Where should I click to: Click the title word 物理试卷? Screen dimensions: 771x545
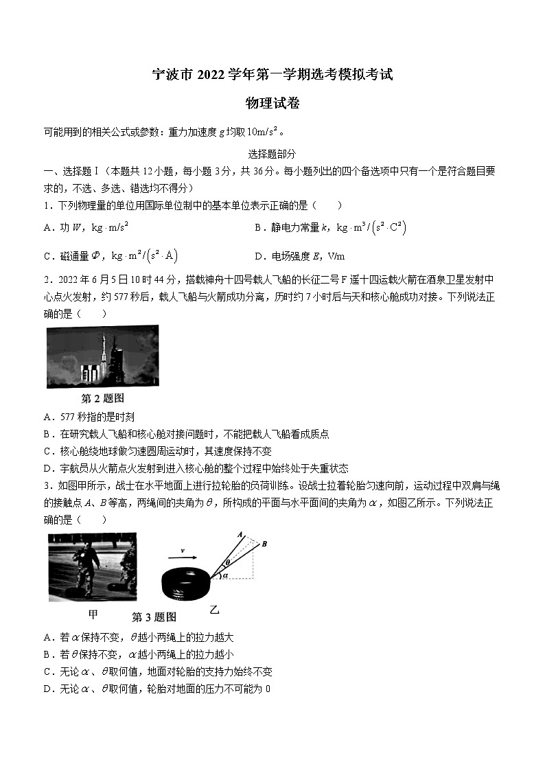pyautogui.click(x=272, y=104)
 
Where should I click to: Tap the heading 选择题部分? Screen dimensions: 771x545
pyautogui.click(x=272, y=155)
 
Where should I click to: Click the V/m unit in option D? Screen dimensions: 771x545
pyautogui.click(x=336, y=257)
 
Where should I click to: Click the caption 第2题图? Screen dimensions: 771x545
pyautogui.click(x=102, y=398)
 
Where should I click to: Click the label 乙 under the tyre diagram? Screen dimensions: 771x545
pyautogui.click(x=214, y=609)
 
